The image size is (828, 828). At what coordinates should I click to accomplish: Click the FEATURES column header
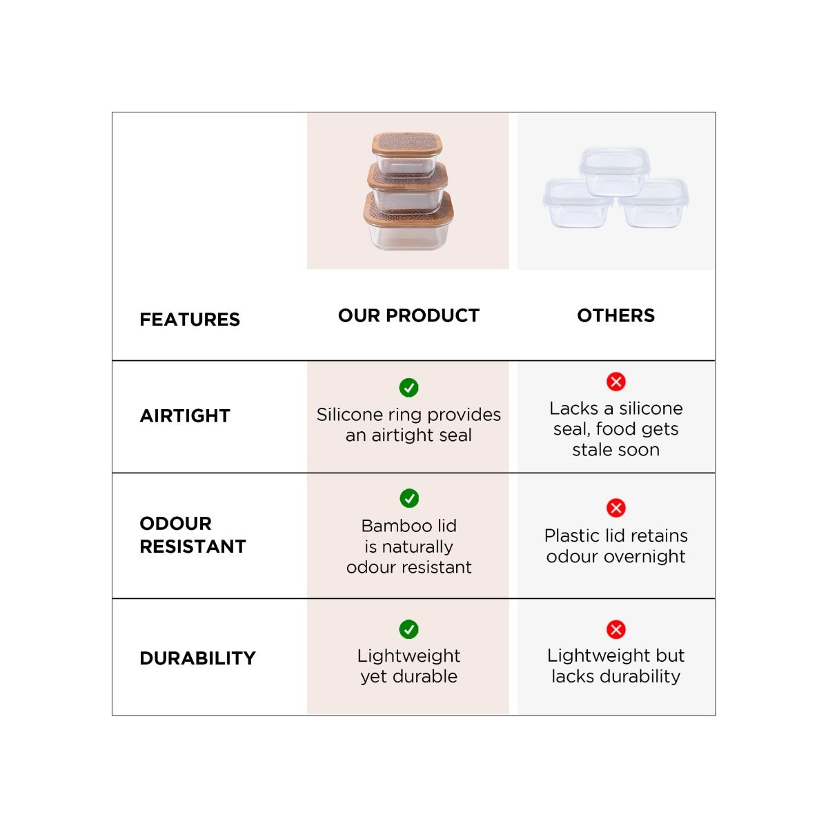(190, 319)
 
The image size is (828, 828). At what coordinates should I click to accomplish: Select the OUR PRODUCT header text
(408, 315)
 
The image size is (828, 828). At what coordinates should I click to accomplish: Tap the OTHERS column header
(615, 315)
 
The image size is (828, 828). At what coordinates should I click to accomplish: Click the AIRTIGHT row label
(185, 416)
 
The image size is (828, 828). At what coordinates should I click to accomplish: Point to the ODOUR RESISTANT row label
(193, 535)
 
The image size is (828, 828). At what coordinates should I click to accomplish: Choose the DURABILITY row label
(197, 658)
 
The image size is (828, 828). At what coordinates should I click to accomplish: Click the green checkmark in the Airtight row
(409, 388)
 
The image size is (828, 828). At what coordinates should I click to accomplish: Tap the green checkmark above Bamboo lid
(409, 498)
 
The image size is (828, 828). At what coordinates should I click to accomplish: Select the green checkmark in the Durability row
(409, 629)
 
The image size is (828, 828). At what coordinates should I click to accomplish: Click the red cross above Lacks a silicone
(616, 382)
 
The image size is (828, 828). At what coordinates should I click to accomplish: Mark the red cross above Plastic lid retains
(616, 508)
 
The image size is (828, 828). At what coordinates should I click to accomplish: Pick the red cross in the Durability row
(616, 629)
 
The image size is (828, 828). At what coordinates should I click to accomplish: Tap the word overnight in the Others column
(644, 557)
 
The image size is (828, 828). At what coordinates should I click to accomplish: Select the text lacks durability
(615, 676)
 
